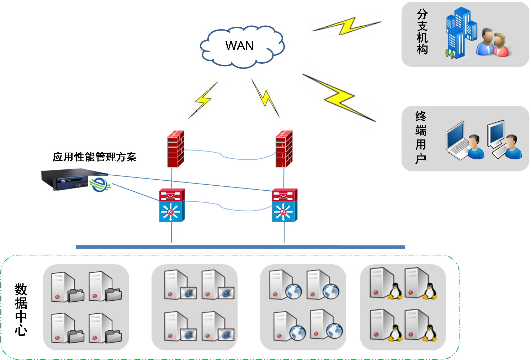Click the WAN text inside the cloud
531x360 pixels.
tap(239, 46)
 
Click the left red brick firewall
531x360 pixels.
tap(176, 149)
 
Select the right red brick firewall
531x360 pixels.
tap(284, 149)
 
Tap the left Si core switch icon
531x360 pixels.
tap(172, 205)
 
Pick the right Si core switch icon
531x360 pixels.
tap(285, 205)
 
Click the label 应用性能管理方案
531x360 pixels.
tap(95, 157)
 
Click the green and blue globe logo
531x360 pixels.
tap(100, 184)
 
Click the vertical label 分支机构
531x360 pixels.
tap(422, 32)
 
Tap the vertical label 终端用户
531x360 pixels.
tap(421, 137)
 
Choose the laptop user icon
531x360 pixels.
tap(464, 141)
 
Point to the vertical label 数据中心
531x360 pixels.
tap(21, 309)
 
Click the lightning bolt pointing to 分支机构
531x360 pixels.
tap(347, 26)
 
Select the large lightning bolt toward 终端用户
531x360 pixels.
tap(339, 97)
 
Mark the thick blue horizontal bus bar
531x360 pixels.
tap(240, 247)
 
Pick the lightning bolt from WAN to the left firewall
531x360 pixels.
tap(203, 100)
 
